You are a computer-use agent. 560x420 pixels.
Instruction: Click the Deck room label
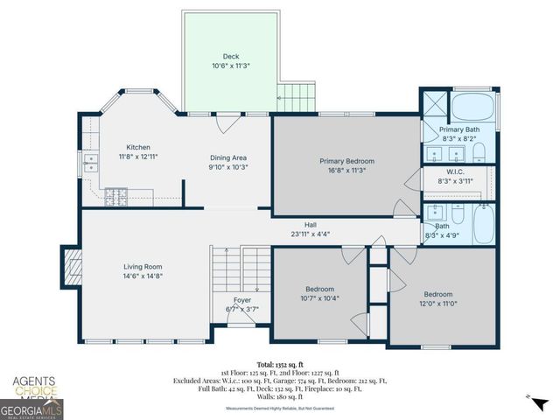point(230,55)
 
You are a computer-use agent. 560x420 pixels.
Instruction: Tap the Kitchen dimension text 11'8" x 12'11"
point(138,157)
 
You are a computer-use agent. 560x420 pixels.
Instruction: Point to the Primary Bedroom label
point(346,161)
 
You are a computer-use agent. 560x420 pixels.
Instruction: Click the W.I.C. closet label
point(455,171)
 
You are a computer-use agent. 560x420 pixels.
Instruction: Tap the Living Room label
point(142,267)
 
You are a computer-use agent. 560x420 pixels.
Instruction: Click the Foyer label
point(241,300)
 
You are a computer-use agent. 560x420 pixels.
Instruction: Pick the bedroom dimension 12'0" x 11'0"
point(437,304)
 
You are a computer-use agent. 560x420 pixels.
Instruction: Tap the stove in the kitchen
point(116,197)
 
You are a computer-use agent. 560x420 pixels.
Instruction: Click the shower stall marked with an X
point(434,108)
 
